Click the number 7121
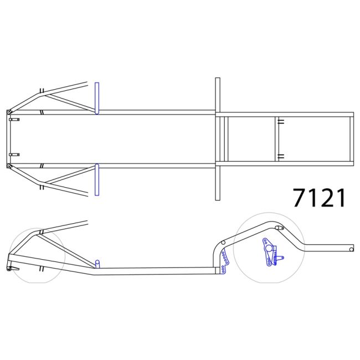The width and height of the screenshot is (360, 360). click(x=320, y=198)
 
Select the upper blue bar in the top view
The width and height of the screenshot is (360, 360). click(x=97, y=98)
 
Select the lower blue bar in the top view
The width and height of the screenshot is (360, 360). click(x=97, y=180)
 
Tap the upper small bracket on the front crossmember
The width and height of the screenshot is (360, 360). click(x=14, y=120)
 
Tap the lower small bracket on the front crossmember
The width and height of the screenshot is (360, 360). click(x=14, y=155)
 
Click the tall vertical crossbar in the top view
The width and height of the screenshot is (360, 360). click(x=218, y=138)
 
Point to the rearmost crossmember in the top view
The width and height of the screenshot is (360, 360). click(x=351, y=138)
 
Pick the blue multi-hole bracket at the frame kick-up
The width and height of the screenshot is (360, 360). click(x=224, y=261)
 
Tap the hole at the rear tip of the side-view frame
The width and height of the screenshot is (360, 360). click(x=351, y=249)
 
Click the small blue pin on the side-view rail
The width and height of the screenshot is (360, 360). click(x=97, y=263)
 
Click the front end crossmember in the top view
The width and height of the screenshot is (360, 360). click(x=9, y=138)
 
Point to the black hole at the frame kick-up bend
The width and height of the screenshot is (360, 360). click(x=222, y=243)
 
